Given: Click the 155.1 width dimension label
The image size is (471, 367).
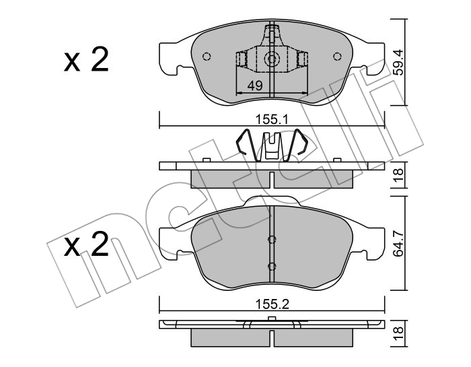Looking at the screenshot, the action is pyautogui.click(x=272, y=120).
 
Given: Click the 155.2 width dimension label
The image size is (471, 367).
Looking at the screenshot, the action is pyautogui.click(x=272, y=304).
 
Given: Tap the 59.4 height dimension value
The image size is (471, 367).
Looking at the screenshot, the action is pyautogui.click(x=398, y=63).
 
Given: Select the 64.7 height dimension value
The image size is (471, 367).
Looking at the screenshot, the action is pyautogui.click(x=398, y=244).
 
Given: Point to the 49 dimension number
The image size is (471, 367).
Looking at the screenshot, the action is pyautogui.click(x=255, y=86).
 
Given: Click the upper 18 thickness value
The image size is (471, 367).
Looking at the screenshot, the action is pyautogui.click(x=398, y=174).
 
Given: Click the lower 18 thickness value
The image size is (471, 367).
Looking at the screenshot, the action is pyautogui.click(x=398, y=334).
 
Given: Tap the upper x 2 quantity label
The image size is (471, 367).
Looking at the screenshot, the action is pyautogui.click(x=86, y=59).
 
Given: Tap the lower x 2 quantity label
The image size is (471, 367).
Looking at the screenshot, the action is pyautogui.click(x=86, y=244).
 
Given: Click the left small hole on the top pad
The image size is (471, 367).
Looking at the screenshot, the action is pyautogui.click(x=207, y=56).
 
